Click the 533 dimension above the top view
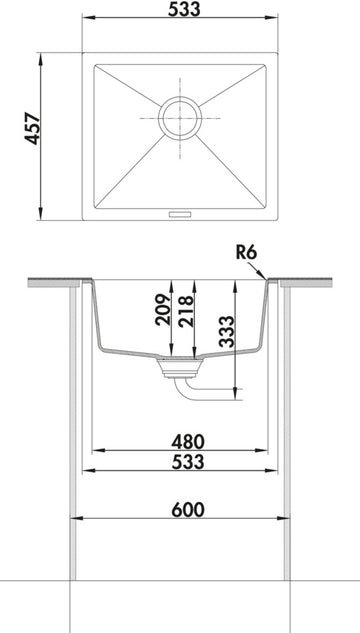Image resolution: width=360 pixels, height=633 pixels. [x=184, y=9]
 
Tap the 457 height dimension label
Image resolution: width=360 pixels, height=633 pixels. [x=33, y=129]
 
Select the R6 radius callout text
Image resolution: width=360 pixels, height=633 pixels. [x=246, y=253]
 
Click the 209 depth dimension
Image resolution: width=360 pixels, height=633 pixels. [x=163, y=310]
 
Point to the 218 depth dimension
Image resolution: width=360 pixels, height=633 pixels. [x=185, y=312]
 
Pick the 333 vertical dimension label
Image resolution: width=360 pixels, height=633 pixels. [x=226, y=331]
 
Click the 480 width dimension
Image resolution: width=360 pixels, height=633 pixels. [x=188, y=442]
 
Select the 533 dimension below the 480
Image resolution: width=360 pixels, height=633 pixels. [x=188, y=462]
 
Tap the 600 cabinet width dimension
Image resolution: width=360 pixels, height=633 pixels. [x=188, y=510]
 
